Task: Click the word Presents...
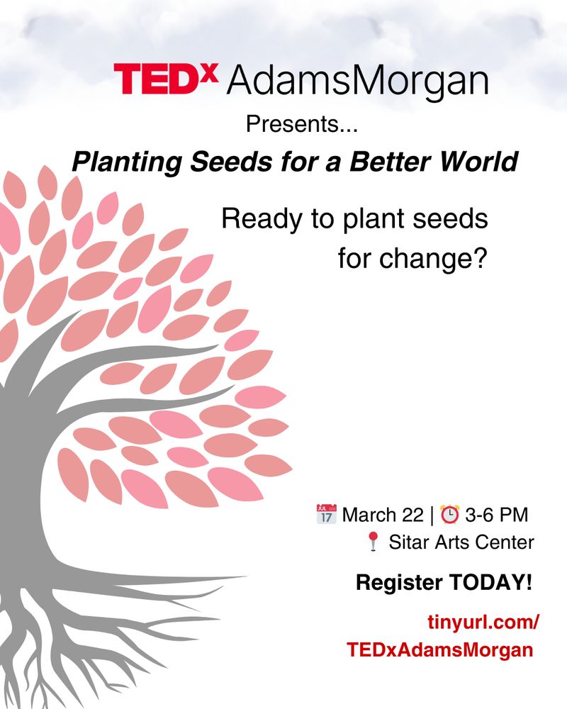point(296,125)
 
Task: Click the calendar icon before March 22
point(326,513)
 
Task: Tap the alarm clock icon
point(449,513)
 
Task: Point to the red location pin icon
point(374,543)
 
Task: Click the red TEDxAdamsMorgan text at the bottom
point(440,649)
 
